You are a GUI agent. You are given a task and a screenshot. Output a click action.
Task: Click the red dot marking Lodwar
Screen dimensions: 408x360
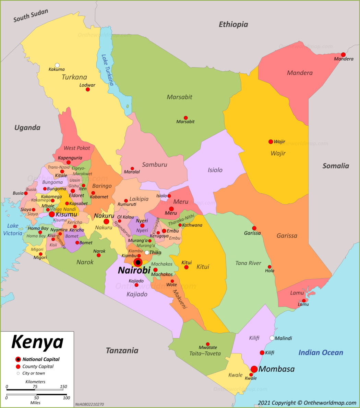[x=88, y=89]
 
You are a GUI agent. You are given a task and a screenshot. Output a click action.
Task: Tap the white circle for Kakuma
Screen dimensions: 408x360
[x=57, y=65]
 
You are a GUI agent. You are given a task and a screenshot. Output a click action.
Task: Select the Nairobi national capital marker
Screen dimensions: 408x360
[x=138, y=263]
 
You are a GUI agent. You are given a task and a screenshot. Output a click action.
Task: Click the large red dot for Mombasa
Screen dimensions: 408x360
[x=254, y=369]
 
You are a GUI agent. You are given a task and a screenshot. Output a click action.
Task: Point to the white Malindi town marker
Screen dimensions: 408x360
[x=272, y=338]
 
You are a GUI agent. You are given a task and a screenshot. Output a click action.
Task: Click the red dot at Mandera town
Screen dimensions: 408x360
[x=343, y=55]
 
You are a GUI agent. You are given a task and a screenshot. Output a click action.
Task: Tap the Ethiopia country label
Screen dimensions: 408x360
[x=233, y=24]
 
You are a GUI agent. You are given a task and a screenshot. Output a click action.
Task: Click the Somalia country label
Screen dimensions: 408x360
[x=335, y=166]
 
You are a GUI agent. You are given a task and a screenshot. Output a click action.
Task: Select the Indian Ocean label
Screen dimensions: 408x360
[x=321, y=352]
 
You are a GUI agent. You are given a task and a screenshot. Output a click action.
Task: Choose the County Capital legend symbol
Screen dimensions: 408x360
[x=18, y=367]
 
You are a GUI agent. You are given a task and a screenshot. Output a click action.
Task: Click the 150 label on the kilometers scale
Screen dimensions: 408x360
[x=63, y=387]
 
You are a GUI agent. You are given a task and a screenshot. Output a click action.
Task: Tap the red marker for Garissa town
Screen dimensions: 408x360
[x=254, y=228]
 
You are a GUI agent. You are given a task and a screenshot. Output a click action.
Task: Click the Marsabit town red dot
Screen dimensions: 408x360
[x=186, y=118]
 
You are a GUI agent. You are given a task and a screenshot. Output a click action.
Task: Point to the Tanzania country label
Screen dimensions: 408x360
[x=122, y=350]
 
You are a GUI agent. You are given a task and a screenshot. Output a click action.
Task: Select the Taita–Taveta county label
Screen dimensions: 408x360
[x=205, y=353]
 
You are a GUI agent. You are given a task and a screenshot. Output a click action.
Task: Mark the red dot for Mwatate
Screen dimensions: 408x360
[x=207, y=344]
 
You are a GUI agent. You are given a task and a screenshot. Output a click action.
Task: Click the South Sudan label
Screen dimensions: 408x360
[x=31, y=16]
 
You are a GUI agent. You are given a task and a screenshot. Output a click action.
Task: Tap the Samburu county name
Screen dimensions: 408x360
[x=155, y=165]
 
